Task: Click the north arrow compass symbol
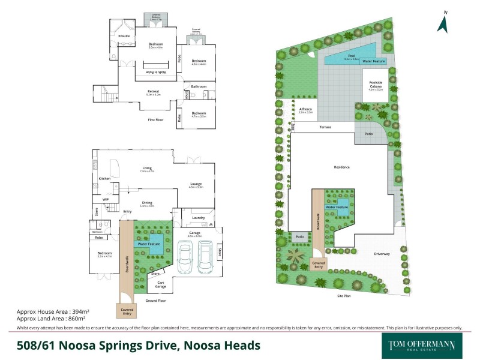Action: pyautogui.click(x=444, y=23)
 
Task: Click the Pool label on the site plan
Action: pyautogui.click(x=352, y=55)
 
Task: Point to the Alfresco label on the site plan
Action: pyautogui.click(x=306, y=109)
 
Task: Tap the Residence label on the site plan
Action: pyautogui.click(x=342, y=167)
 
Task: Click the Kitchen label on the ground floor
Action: pyautogui.click(x=104, y=179)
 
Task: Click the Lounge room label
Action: pyautogui.click(x=196, y=184)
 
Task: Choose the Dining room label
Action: pyautogui.click(x=147, y=203)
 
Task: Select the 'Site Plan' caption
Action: pyautogui.click(x=343, y=296)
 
